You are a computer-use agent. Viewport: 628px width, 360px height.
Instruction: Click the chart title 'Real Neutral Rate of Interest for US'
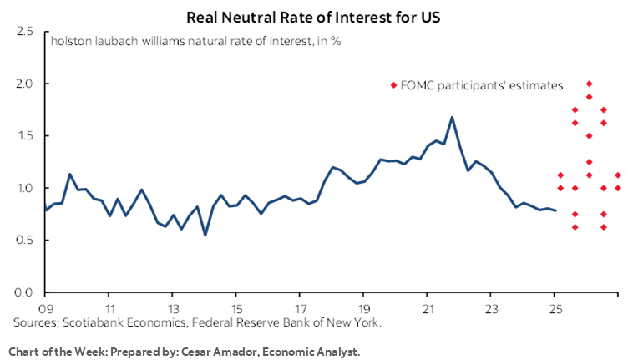[x=313, y=16]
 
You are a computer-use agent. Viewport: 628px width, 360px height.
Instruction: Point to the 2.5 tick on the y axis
[x=24, y=32]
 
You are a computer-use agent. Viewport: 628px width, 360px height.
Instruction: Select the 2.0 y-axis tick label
[x=24, y=84]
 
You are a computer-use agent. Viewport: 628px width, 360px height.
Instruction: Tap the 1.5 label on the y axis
[x=24, y=135]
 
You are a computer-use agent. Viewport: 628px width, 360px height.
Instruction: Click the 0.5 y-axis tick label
[x=24, y=240]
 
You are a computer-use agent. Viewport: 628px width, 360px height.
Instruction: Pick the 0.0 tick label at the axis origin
[x=24, y=292]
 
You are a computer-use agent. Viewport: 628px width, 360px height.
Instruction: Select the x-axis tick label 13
[x=172, y=306]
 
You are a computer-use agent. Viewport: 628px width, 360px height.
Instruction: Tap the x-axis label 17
[x=299, y=306]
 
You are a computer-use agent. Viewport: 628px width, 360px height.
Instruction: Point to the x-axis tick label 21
[x=427, y=306]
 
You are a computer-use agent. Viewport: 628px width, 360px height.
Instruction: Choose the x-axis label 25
[x=554, y=306]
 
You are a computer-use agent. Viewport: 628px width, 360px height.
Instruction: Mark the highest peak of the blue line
[x=452, y=117]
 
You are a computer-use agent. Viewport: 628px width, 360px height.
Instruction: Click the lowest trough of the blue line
[x=205, y=236]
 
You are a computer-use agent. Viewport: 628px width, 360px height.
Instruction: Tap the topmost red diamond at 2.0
[x=589, y=84]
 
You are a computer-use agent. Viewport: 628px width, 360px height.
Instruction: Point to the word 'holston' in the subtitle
[x=69, y=39]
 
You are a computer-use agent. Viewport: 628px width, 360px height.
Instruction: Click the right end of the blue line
[x=556, y=210]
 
